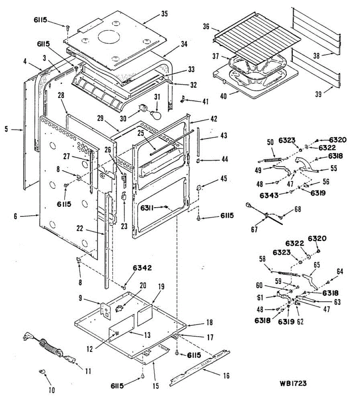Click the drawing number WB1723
293,383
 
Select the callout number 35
164,14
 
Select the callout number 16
226,376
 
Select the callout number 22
80,228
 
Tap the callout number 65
317,265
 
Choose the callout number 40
223,96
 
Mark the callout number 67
254,230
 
